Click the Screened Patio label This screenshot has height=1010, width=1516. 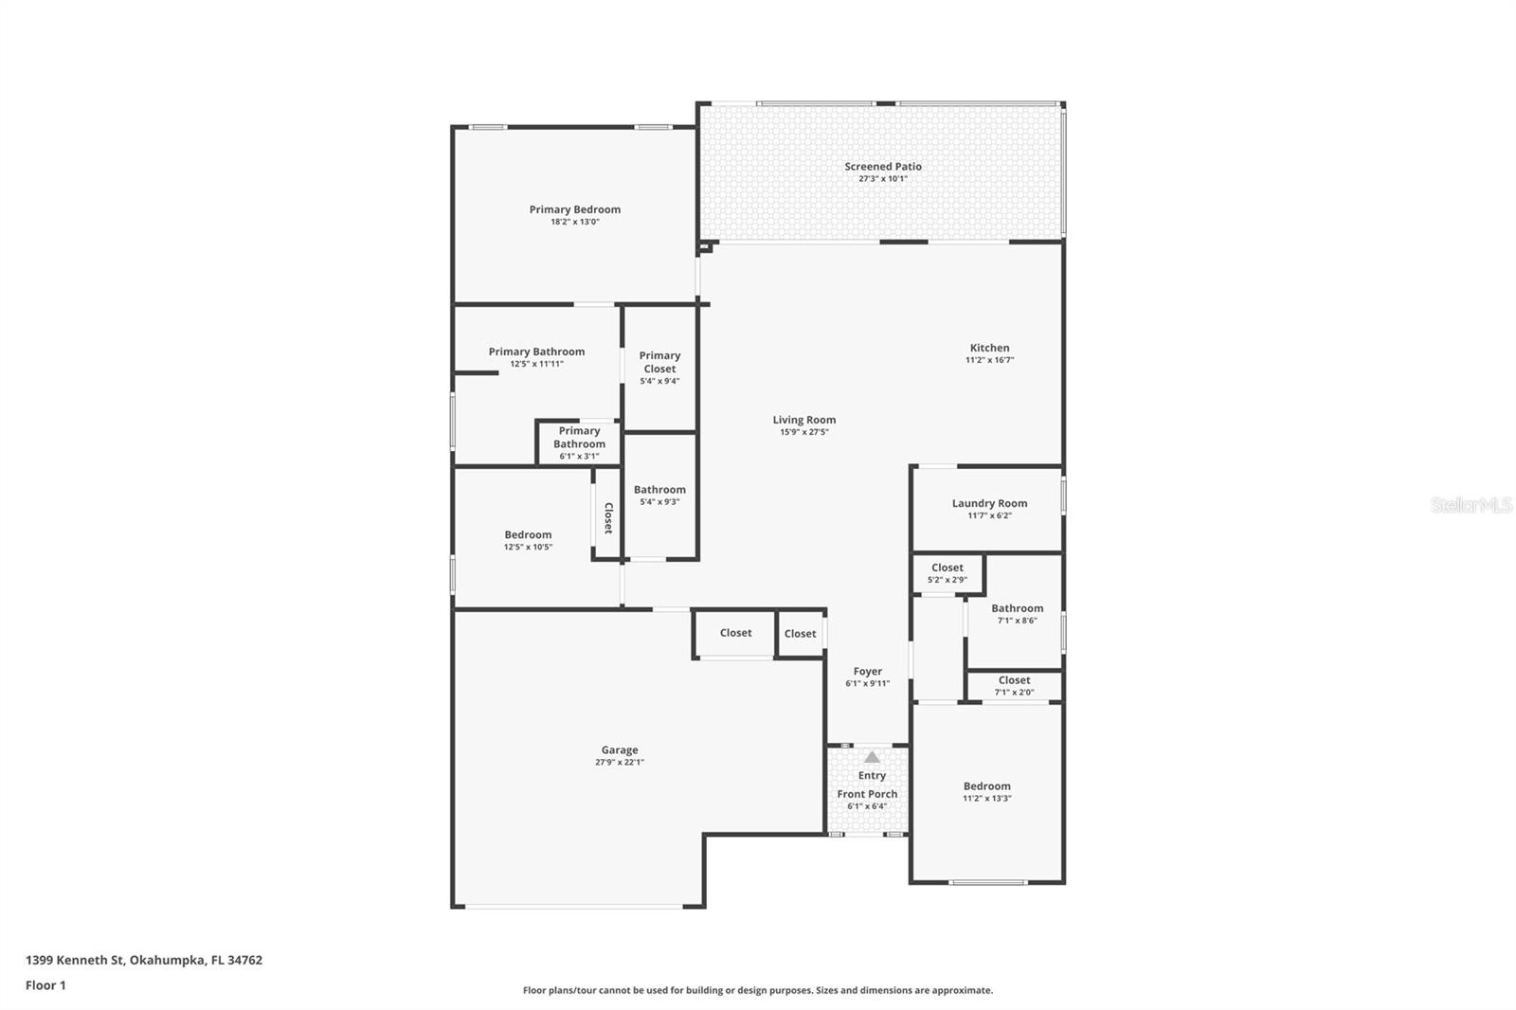(x=882, y=167)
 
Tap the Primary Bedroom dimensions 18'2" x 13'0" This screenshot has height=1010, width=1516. (x=574, y=223)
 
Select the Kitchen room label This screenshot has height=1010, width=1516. (x=989, y=348)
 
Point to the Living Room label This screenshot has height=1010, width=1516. (x=803, y=420)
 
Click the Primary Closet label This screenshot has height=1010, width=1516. (x=659, y=362)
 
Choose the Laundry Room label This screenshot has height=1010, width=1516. (x=989, y=503)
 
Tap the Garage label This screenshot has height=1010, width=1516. (x=619, y=749)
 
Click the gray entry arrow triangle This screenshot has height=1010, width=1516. (x=872, y=757)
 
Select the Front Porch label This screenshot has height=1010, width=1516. (x=867, y=794)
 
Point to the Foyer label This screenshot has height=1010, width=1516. (x=867, y=671)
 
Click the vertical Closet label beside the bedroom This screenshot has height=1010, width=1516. (x=608, y=518)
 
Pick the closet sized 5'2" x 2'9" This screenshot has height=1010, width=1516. (x=947, y=573)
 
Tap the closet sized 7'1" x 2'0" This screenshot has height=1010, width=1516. (x=1014, y=685)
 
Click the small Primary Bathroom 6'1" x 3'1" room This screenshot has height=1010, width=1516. (x=579, y=443)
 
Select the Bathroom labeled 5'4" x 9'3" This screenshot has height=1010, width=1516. (x=659, y=495)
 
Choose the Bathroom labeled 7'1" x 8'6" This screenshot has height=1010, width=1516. (x=1017, y=614)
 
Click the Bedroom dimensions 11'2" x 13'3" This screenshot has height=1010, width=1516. (x=986, y=799)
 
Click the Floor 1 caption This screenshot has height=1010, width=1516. (x=45, y=985)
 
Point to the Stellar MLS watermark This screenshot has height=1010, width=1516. (x=1471, y=505)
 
